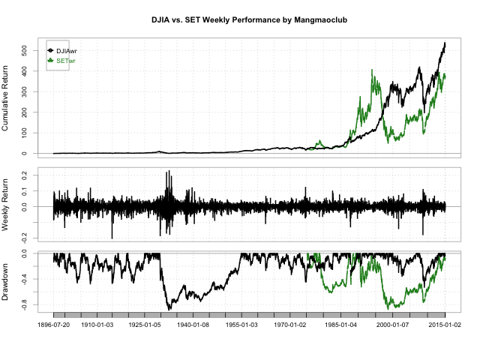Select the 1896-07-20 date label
pos(54,326)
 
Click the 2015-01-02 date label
pos(444,326)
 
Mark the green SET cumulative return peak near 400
pos(373,70)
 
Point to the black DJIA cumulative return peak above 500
pos(445,43)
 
